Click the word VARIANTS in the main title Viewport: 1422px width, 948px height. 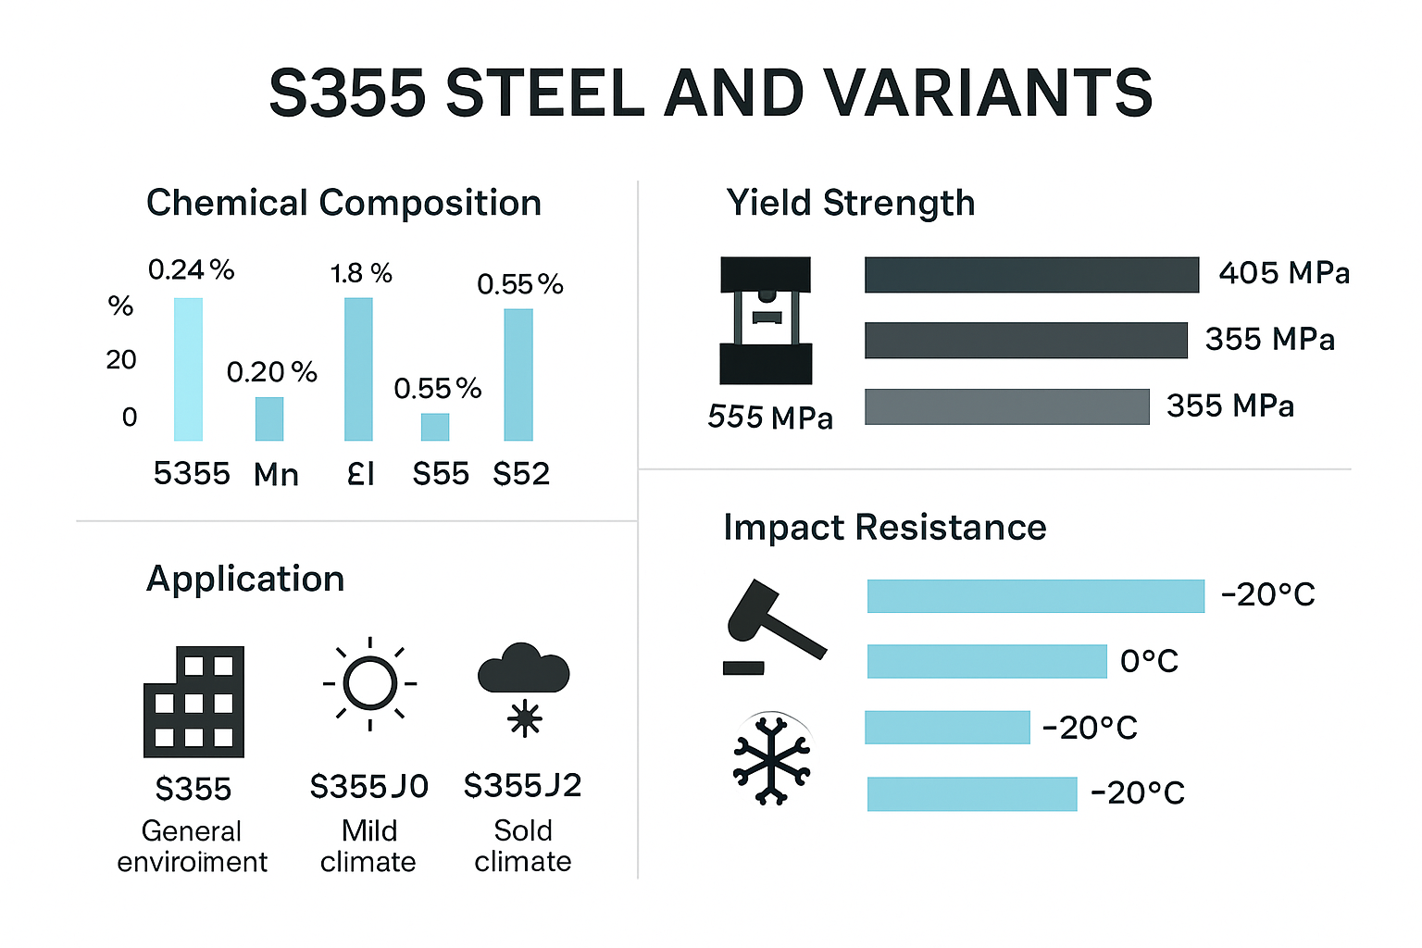[987, 94]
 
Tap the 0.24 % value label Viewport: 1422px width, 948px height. [191, 269]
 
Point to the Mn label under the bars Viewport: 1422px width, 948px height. [276, 475]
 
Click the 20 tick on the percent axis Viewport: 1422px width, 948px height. [121, 359]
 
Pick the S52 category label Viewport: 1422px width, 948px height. [521, 474]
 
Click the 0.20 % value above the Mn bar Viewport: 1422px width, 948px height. [271, 372]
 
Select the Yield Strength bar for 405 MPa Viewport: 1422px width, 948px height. [1031, 275]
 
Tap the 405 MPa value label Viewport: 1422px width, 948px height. [1284, 273]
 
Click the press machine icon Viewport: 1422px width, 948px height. [766, 320]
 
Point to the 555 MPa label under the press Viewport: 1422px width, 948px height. [770, 418]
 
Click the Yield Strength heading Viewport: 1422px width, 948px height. [850, 203]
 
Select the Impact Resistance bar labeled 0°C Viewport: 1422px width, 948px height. [987, 661]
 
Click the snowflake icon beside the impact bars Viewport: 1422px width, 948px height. [771, 758]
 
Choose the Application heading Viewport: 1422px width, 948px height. [245, 579]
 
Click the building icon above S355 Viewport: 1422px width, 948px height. [193, 702]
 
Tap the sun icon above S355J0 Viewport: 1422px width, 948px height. [369, 684]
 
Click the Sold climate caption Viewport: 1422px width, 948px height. [523, 845]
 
